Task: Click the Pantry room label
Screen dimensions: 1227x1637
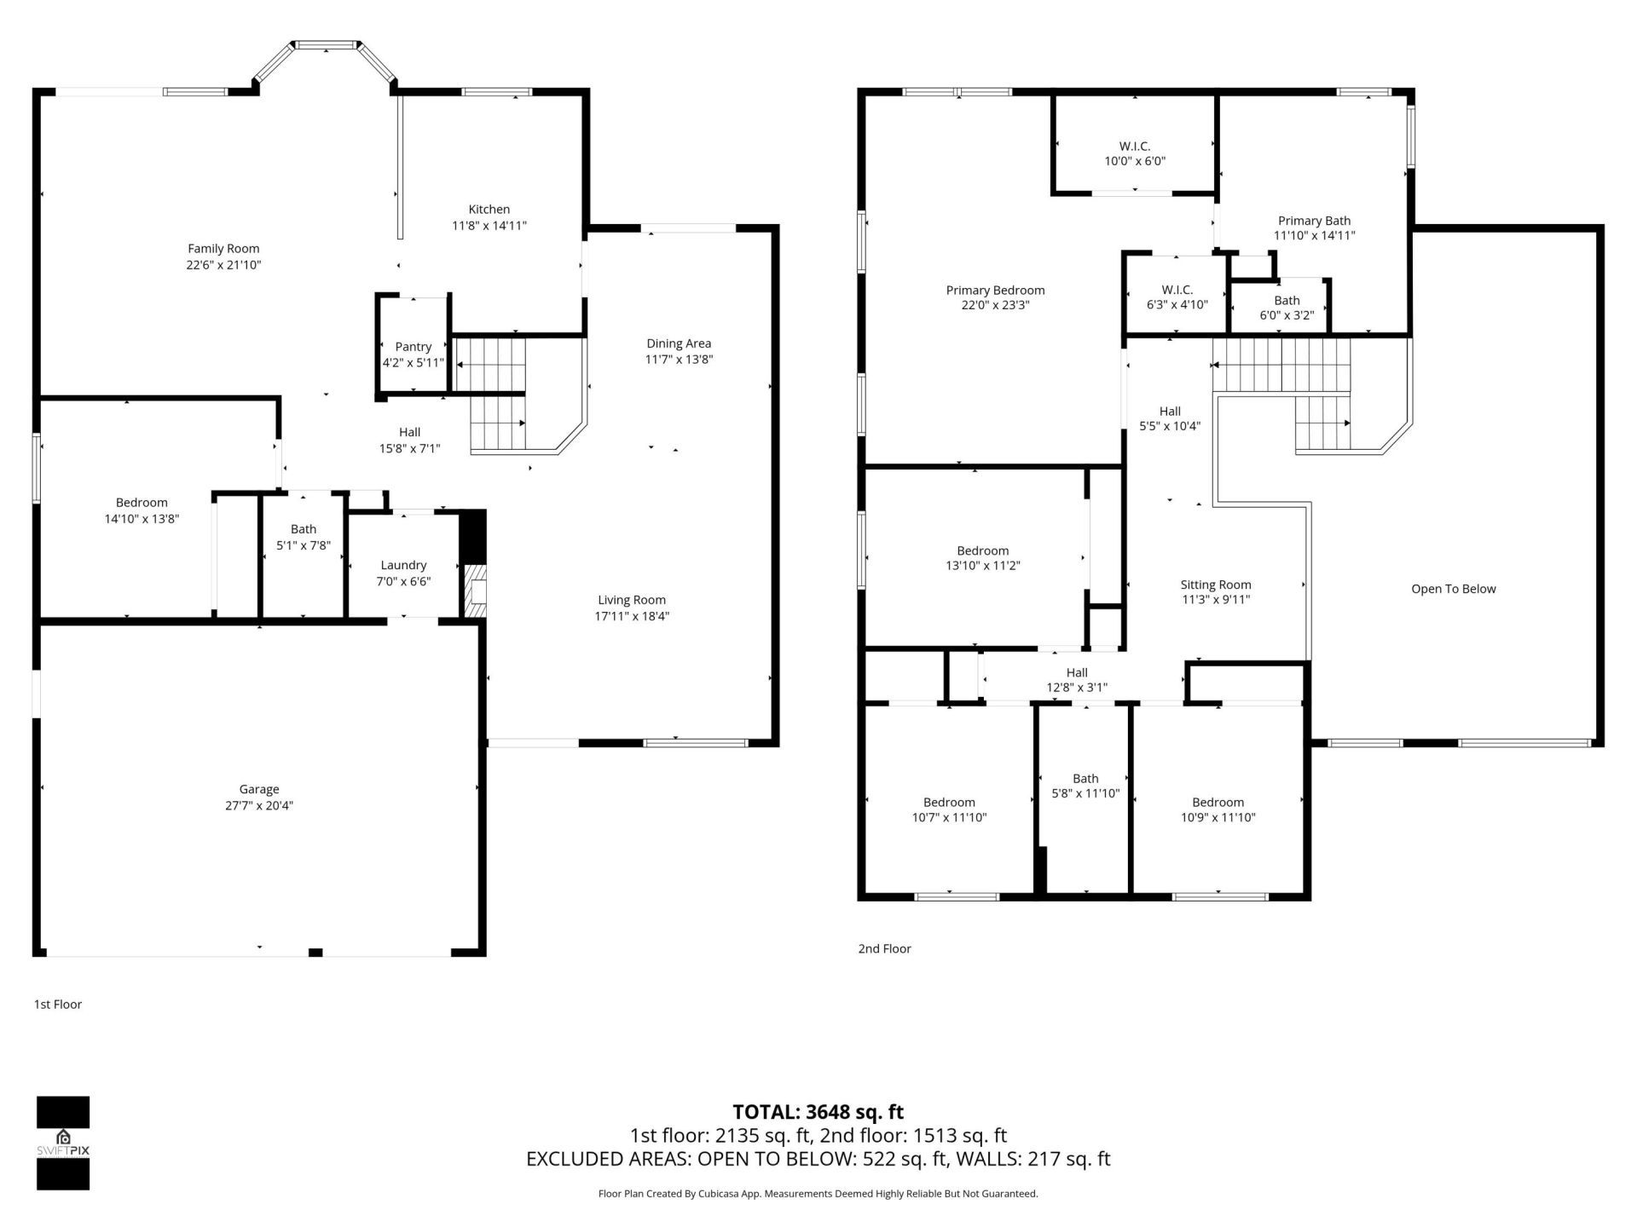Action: pos(413,347)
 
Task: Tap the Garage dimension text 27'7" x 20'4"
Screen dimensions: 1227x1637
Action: pos(259,805)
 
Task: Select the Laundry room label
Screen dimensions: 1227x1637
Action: pos(403,565)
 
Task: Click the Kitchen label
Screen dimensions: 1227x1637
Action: pos(489,210)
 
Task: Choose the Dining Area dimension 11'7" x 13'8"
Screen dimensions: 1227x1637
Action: pos(679,360)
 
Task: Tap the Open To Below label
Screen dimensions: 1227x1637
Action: pos(1453,589)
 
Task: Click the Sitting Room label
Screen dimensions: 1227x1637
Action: pos(1215,585)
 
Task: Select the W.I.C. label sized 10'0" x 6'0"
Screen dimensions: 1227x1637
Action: pos(1135,147)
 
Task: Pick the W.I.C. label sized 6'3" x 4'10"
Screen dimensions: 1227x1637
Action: pos(1177,291)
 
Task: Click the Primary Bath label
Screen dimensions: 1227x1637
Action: pos(1314,221)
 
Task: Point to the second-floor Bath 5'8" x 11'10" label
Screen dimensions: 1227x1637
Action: pos(1085,779)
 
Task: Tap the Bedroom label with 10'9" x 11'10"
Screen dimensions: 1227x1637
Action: pos(1218,803)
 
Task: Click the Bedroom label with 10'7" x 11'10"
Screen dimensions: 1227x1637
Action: pos(949,803)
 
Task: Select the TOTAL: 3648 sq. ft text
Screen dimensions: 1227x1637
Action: pos(818,1112)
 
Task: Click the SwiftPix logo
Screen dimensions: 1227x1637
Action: pos(63,1143)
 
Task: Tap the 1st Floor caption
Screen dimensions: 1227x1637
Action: pos(58,1005)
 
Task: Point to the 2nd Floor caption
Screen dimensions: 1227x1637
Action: pos(884,948)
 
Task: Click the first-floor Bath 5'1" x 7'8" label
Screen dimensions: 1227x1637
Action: pos(303,529)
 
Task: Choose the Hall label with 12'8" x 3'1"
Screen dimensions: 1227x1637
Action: pos(1077,673)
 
